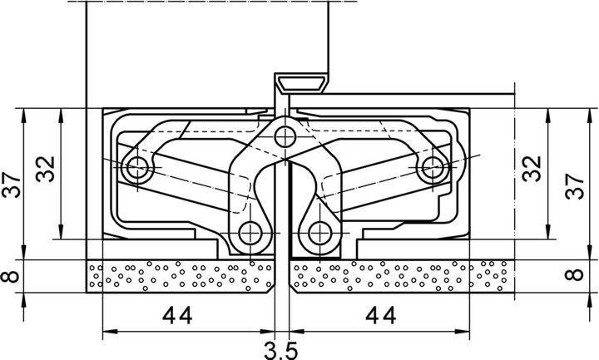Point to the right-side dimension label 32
click(x=532, y=170)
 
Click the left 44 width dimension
click(x=177, y=316)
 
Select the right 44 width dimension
click(x=379, y=316)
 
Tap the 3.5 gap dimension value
click(x=281, y=349)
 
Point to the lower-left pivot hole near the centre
click(x=250, y=232)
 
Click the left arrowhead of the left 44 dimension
click(x=106, y=334)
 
